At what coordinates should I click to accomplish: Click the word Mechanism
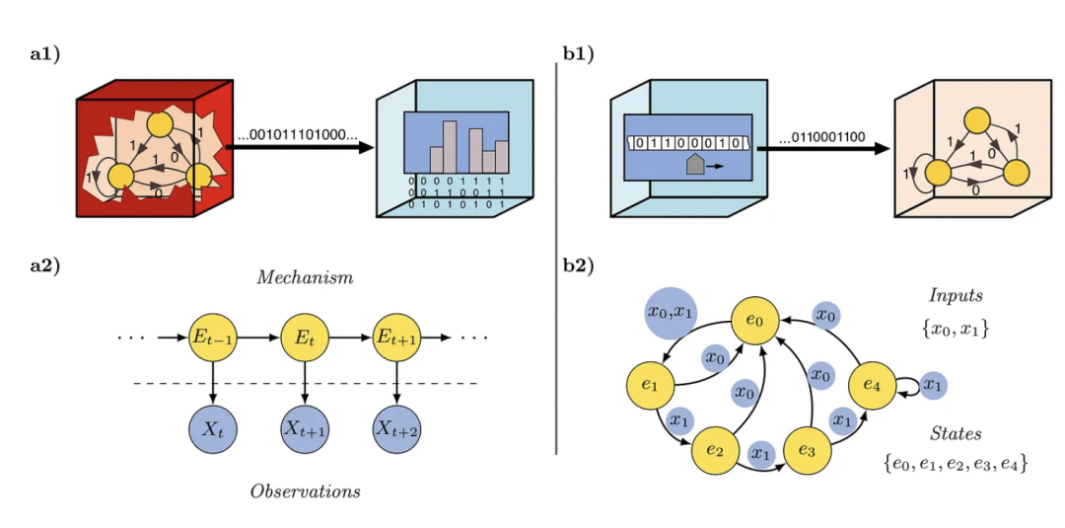(305, 278)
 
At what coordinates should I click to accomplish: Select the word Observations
(305, 490)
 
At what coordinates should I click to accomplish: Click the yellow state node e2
(715, 449)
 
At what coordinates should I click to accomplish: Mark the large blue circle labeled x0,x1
(671, 312)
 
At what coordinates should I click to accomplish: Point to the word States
(956, 434)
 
